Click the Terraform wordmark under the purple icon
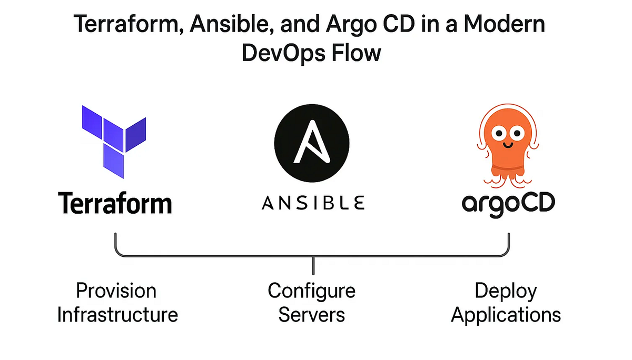(x=115, y=203)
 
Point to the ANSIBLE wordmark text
(x=313, y=203)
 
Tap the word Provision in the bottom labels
(x=116, y=291)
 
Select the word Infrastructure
(x=117, y=315)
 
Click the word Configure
(x=311, y=291)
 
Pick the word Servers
(x=311, y=315)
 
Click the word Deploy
(x=506, y=291)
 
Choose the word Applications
(x=506, y=315)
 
